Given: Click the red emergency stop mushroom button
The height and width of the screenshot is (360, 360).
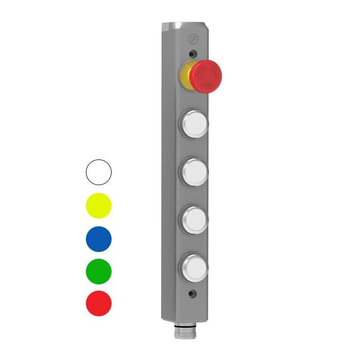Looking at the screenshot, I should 206,76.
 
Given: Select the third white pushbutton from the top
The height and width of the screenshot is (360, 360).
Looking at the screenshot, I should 195,219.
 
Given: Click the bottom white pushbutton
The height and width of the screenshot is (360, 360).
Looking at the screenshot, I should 195,265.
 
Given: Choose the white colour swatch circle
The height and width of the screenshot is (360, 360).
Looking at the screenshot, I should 98,172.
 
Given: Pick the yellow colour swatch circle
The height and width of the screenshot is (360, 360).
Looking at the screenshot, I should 98,206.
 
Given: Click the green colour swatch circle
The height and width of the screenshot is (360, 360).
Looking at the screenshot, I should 98,271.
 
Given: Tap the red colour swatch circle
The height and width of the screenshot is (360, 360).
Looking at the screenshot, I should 98,303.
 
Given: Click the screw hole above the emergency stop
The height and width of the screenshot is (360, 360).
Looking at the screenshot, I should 192,54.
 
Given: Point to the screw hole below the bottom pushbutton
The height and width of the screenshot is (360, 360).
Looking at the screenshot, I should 192,294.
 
